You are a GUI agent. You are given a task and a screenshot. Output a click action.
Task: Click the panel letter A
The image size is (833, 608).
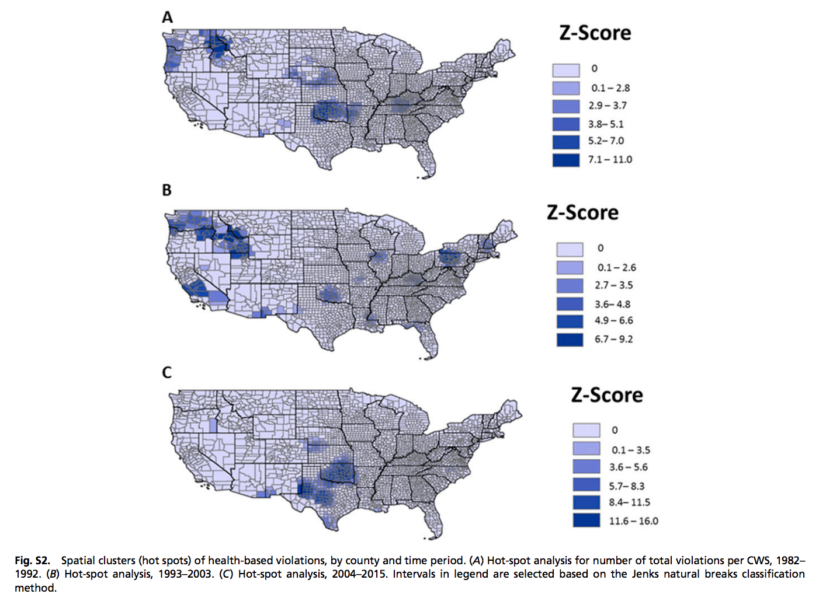168,18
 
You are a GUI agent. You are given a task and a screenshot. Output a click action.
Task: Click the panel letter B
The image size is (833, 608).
167,190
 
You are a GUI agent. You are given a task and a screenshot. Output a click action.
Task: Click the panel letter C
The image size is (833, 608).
167,372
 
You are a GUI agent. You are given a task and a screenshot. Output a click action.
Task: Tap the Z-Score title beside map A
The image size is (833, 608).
595,33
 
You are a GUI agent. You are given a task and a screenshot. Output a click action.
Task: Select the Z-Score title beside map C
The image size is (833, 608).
606,395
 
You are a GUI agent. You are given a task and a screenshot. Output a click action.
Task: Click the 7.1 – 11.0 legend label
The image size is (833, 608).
610,159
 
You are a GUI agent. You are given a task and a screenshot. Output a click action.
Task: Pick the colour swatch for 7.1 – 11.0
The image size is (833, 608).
565,159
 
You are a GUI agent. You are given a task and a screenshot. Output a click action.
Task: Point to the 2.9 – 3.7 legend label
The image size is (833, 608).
608,106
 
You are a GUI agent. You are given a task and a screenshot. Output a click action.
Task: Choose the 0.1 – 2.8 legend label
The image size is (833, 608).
610,88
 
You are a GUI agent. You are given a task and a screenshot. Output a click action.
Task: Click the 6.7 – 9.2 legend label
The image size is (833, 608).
613,339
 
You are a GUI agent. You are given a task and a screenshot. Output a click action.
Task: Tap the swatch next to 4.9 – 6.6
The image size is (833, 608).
570,321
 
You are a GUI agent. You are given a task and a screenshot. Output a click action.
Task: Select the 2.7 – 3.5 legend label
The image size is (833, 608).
613,285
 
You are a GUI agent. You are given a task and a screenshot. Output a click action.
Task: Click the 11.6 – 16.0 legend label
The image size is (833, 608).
633,521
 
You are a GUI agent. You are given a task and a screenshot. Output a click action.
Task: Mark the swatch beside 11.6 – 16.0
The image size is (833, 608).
586,520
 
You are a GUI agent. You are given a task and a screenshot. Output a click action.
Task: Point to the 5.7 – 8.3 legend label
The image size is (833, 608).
627,486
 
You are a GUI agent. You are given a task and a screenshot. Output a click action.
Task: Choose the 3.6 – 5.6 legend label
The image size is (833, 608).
628,467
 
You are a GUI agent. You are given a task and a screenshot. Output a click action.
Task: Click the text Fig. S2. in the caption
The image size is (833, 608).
32,561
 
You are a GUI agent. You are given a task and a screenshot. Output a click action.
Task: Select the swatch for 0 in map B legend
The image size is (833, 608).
570,249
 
